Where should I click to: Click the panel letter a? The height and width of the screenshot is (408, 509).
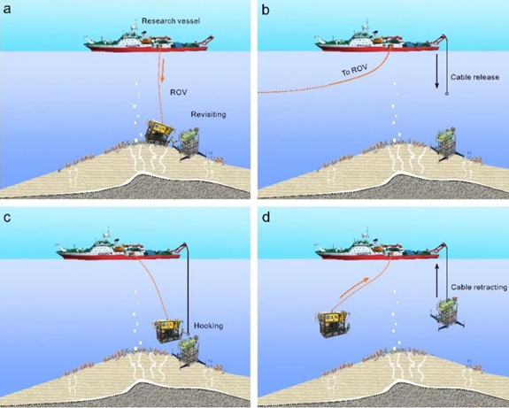(x=7, y=10)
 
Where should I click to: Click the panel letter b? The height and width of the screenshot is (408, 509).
(x=266, y=10)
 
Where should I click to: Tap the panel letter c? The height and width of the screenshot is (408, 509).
(x=7, y=218)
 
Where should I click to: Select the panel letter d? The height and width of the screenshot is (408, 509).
(x=266, y=217)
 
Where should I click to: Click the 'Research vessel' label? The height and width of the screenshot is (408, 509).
(x=171, y=21)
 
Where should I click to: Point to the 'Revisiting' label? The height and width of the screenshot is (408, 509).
(x=208, y=114)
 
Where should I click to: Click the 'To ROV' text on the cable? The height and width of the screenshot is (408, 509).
(x=354, y=70)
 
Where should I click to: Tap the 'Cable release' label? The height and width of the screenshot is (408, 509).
(x=474, y=77)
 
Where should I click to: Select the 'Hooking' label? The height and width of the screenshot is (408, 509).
(x=208, y=326)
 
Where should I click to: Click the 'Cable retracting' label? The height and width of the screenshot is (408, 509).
(x=479, y=288)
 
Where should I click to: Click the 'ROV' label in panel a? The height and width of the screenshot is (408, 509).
(x=179, y=92)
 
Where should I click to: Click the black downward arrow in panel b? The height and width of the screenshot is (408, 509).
(x=437, y=71)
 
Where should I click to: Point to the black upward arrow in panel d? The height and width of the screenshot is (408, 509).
(x=437, y=281)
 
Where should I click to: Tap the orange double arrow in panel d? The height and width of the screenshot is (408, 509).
(x=354, y=288)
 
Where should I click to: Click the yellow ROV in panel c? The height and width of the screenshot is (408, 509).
(x=168, y=330)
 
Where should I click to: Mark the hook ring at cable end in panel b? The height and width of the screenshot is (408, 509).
(x=447, y=94)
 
